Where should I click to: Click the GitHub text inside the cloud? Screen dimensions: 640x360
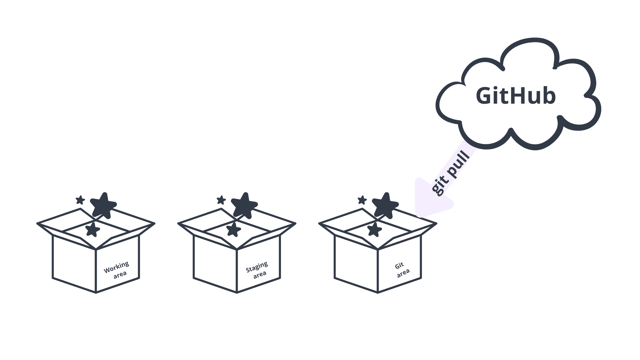coord(516,96)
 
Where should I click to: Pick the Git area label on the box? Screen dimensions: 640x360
coord(401,270)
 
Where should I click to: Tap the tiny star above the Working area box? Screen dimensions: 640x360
coord(80,200)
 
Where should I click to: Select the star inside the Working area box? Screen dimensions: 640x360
coord(92,230)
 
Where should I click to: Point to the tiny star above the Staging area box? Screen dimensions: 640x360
coord(221,200)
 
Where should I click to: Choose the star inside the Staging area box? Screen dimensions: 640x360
coord(233,230)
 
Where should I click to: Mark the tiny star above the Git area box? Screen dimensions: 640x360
coord(362,200)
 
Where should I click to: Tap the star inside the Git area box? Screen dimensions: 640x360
coord(374,230)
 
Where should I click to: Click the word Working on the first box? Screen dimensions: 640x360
coord(116,267)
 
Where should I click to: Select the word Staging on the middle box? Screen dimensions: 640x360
coord(257,267)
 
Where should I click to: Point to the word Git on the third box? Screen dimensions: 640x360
coord(399,266)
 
